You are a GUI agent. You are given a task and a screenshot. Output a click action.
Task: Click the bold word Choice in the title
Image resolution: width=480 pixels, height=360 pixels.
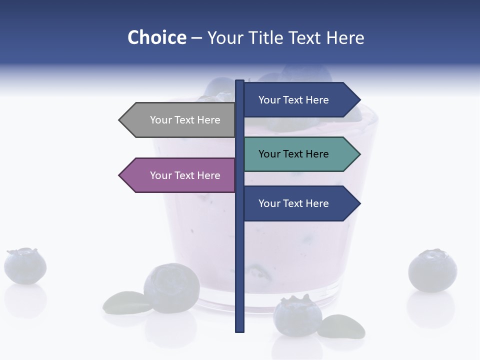click(x=156, y=37)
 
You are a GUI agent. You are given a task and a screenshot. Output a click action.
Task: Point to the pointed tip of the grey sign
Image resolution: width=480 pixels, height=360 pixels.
click(x=120, y=120)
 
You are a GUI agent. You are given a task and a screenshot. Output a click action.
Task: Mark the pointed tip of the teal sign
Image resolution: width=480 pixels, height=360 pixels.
click(x=358, y=154)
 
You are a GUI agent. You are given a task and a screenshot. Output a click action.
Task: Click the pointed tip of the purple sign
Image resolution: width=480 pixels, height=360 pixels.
click(x=120, y=175)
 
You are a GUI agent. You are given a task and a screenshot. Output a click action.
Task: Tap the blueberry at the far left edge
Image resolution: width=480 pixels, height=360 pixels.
click(x=25, y=266)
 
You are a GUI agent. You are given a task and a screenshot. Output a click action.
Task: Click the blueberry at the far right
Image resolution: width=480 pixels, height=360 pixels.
click(x=432, y=270)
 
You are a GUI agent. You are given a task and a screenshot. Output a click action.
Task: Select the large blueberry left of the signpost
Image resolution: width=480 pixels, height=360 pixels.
click(x=171, y=288)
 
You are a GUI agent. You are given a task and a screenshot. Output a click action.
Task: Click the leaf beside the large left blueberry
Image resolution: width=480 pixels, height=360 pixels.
click(x=122, y=302)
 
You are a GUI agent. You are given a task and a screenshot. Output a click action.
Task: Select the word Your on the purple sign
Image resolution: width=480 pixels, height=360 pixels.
click(x=160, y=175)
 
